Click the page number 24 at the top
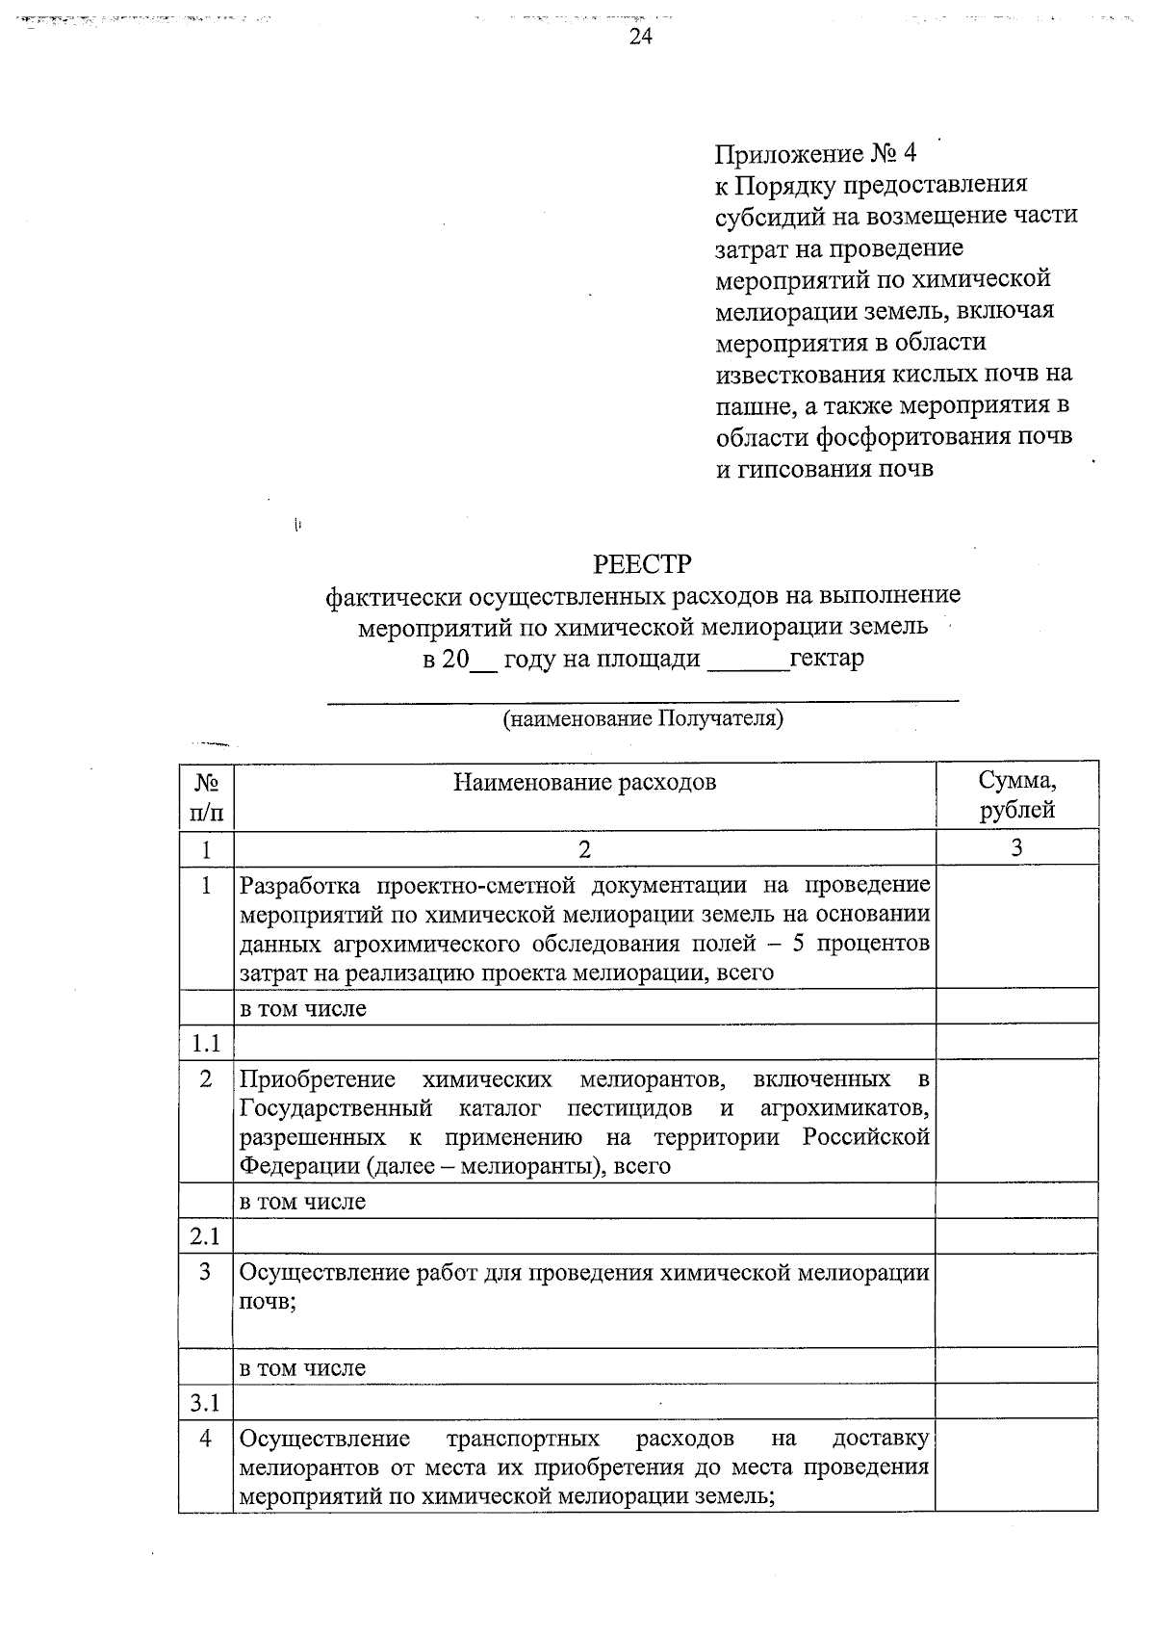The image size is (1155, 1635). (641, 37)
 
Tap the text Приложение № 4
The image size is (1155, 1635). (815, 154)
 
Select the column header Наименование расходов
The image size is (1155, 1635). (584, 782)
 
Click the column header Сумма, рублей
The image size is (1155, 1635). (1016, 795)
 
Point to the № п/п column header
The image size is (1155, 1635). (205, 796)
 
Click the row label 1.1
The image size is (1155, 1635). (205, 1043)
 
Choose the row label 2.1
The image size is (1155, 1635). (205, 1236)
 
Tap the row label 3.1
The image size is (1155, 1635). (205, 1403)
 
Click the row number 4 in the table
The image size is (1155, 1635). (205, 1439)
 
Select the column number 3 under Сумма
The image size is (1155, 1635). (1016, 847)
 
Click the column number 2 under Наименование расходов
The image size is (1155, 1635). (584, 848)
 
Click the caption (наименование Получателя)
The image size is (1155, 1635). (643, 719)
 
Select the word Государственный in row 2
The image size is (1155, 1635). (335, 1108)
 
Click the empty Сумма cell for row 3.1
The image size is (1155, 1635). (1016, 1403)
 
